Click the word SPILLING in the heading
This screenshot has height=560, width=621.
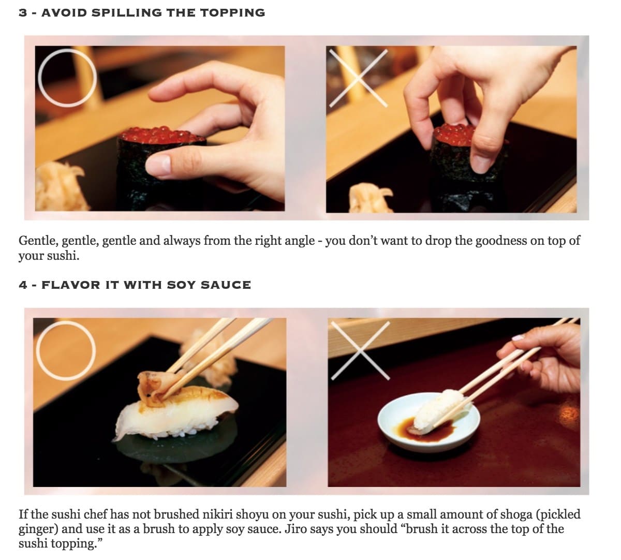coord(127,13)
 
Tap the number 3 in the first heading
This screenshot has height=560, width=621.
coord(23,13)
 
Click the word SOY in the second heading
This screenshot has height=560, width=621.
coord(181,285)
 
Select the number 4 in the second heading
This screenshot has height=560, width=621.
coord(23,285)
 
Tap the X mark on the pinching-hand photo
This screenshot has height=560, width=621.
coord(358,78)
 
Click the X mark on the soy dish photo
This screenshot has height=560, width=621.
coord(360,350)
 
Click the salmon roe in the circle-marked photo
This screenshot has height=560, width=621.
coord(162,135)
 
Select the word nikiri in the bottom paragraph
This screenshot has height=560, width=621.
coord(217,514)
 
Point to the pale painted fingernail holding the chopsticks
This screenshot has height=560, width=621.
coord(518,337)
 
